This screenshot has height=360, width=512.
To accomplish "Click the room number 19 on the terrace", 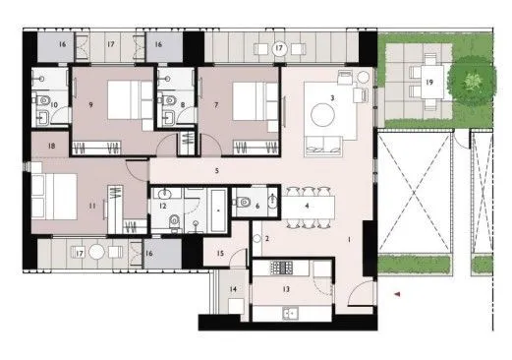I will pos(429,83).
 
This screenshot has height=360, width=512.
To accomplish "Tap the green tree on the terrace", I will pos(469,79).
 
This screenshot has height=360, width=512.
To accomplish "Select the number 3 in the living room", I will pos(334,98).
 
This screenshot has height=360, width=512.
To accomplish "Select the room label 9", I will pos(89,101).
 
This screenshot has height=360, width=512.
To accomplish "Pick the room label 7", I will pos(215,101).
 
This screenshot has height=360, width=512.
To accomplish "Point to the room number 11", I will pos(91,207).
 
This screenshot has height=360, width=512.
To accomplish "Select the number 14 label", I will pos(234,289).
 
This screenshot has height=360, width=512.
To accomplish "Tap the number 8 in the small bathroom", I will pos(185,102).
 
